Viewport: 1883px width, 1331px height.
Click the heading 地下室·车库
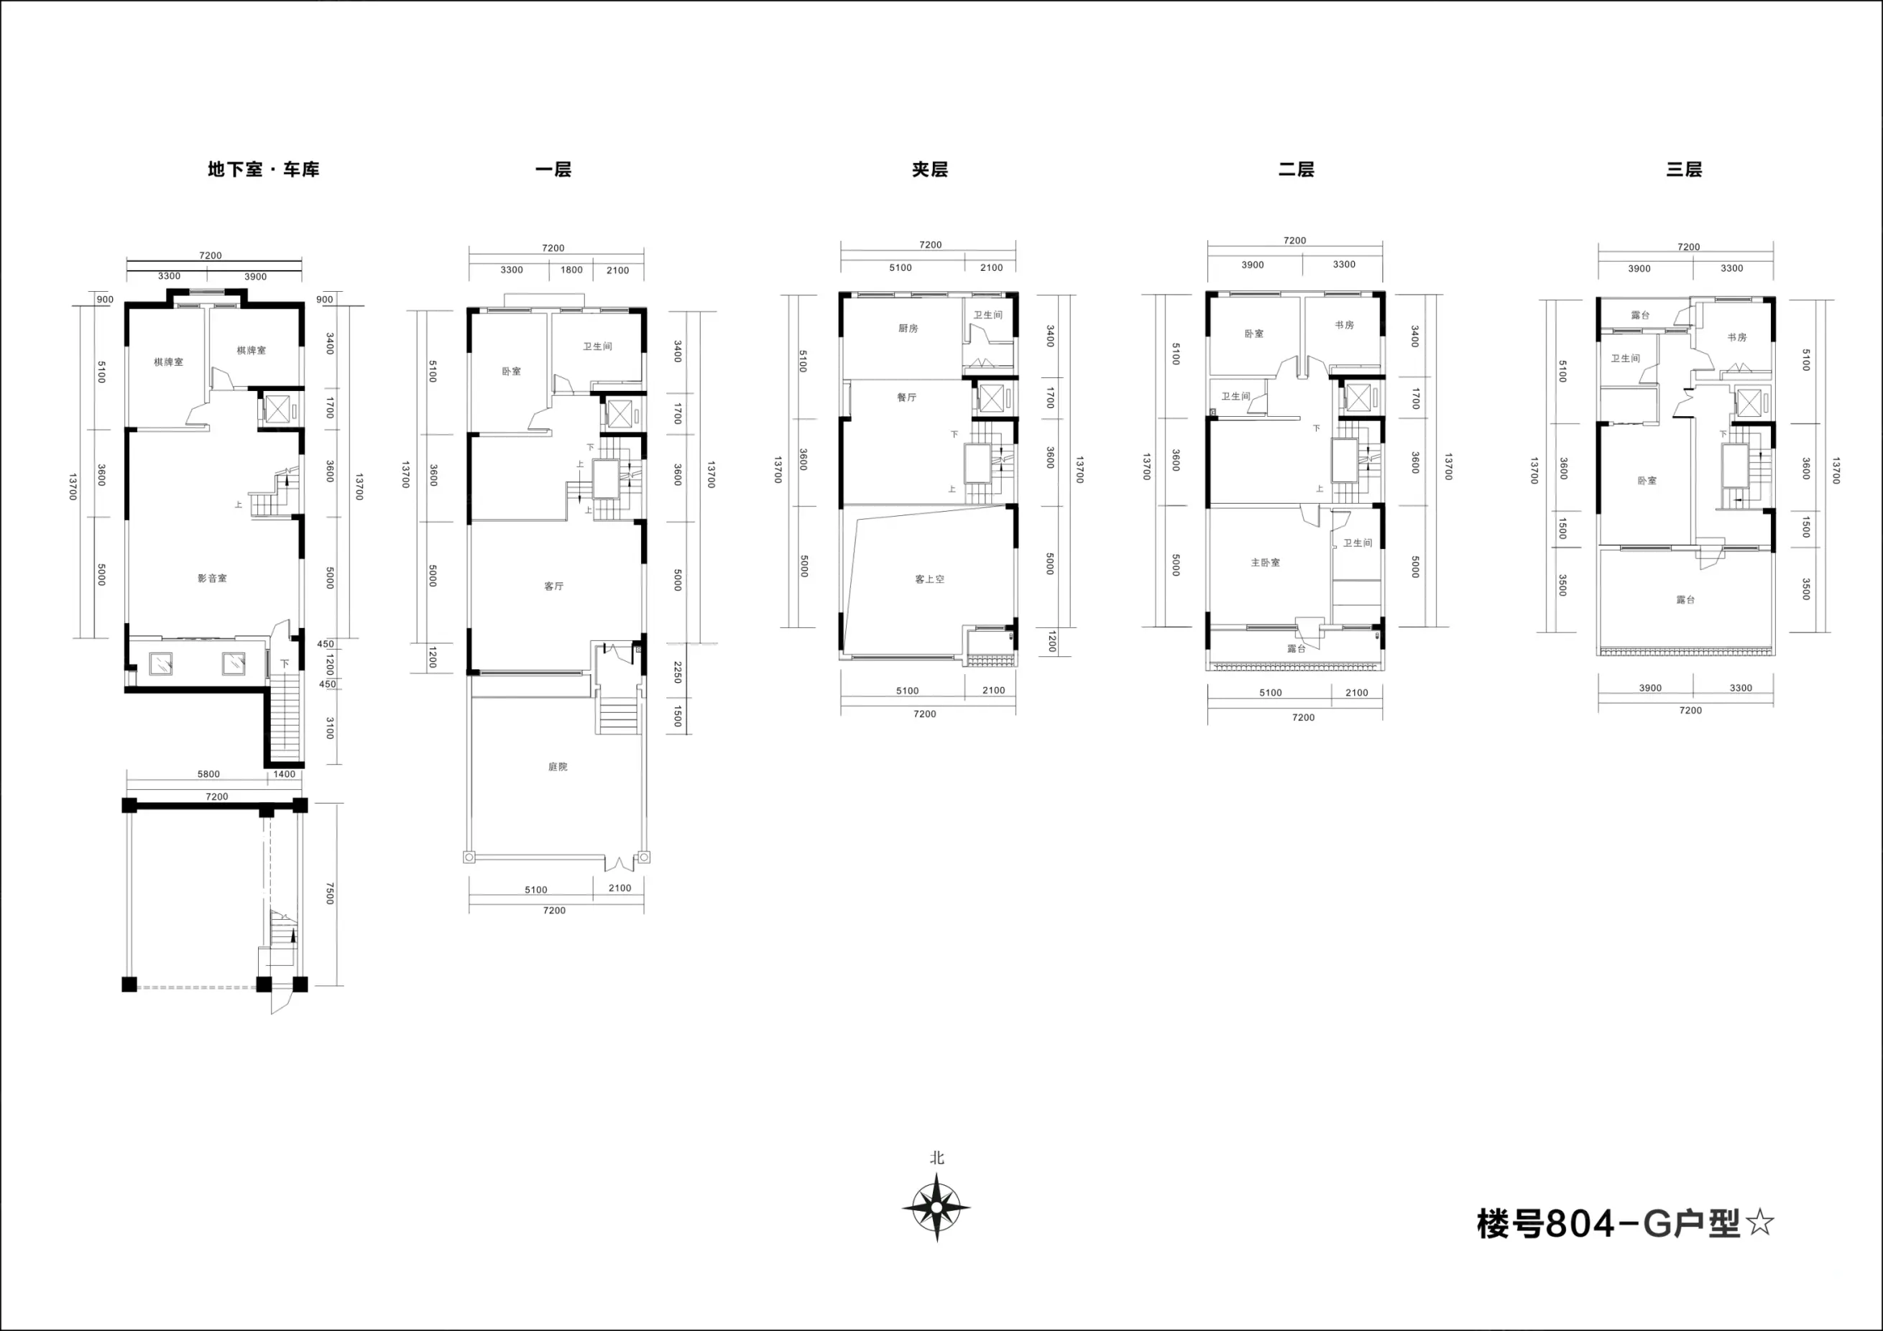[263, 169]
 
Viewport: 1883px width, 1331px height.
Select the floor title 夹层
[930, 169]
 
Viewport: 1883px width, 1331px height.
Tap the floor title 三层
[1684, 169]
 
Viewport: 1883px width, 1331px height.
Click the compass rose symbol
[936, 1207]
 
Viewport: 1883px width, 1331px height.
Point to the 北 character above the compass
[937, 1157]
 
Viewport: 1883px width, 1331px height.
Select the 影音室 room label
[213, 578]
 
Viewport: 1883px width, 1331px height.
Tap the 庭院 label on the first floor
[558, 767]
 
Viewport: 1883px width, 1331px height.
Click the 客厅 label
[553, 586]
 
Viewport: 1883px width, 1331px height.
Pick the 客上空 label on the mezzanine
[930, 579]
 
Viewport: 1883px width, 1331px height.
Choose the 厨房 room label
[908, 328]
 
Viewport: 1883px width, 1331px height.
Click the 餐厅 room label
[906, 397]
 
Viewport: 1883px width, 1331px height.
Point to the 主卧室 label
[1266, 563]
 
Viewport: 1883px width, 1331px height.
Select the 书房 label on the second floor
[1344, 325]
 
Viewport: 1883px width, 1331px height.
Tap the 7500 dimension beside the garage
[331, 894]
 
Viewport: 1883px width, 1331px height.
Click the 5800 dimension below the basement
[208, 774]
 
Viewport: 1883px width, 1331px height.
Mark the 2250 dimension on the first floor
[678, 673]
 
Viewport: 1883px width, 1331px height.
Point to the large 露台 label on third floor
[1685, 599]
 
